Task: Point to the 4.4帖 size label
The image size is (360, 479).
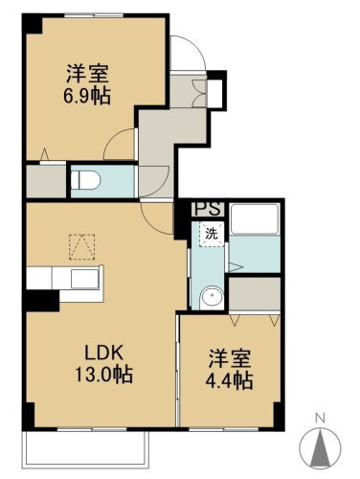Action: (232, 381)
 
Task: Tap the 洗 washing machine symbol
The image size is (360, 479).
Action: (207, 231)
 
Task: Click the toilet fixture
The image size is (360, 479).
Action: (84, 178)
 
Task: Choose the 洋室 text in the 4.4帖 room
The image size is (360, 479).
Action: (231, 359)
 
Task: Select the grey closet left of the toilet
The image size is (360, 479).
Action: (44, 179)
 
